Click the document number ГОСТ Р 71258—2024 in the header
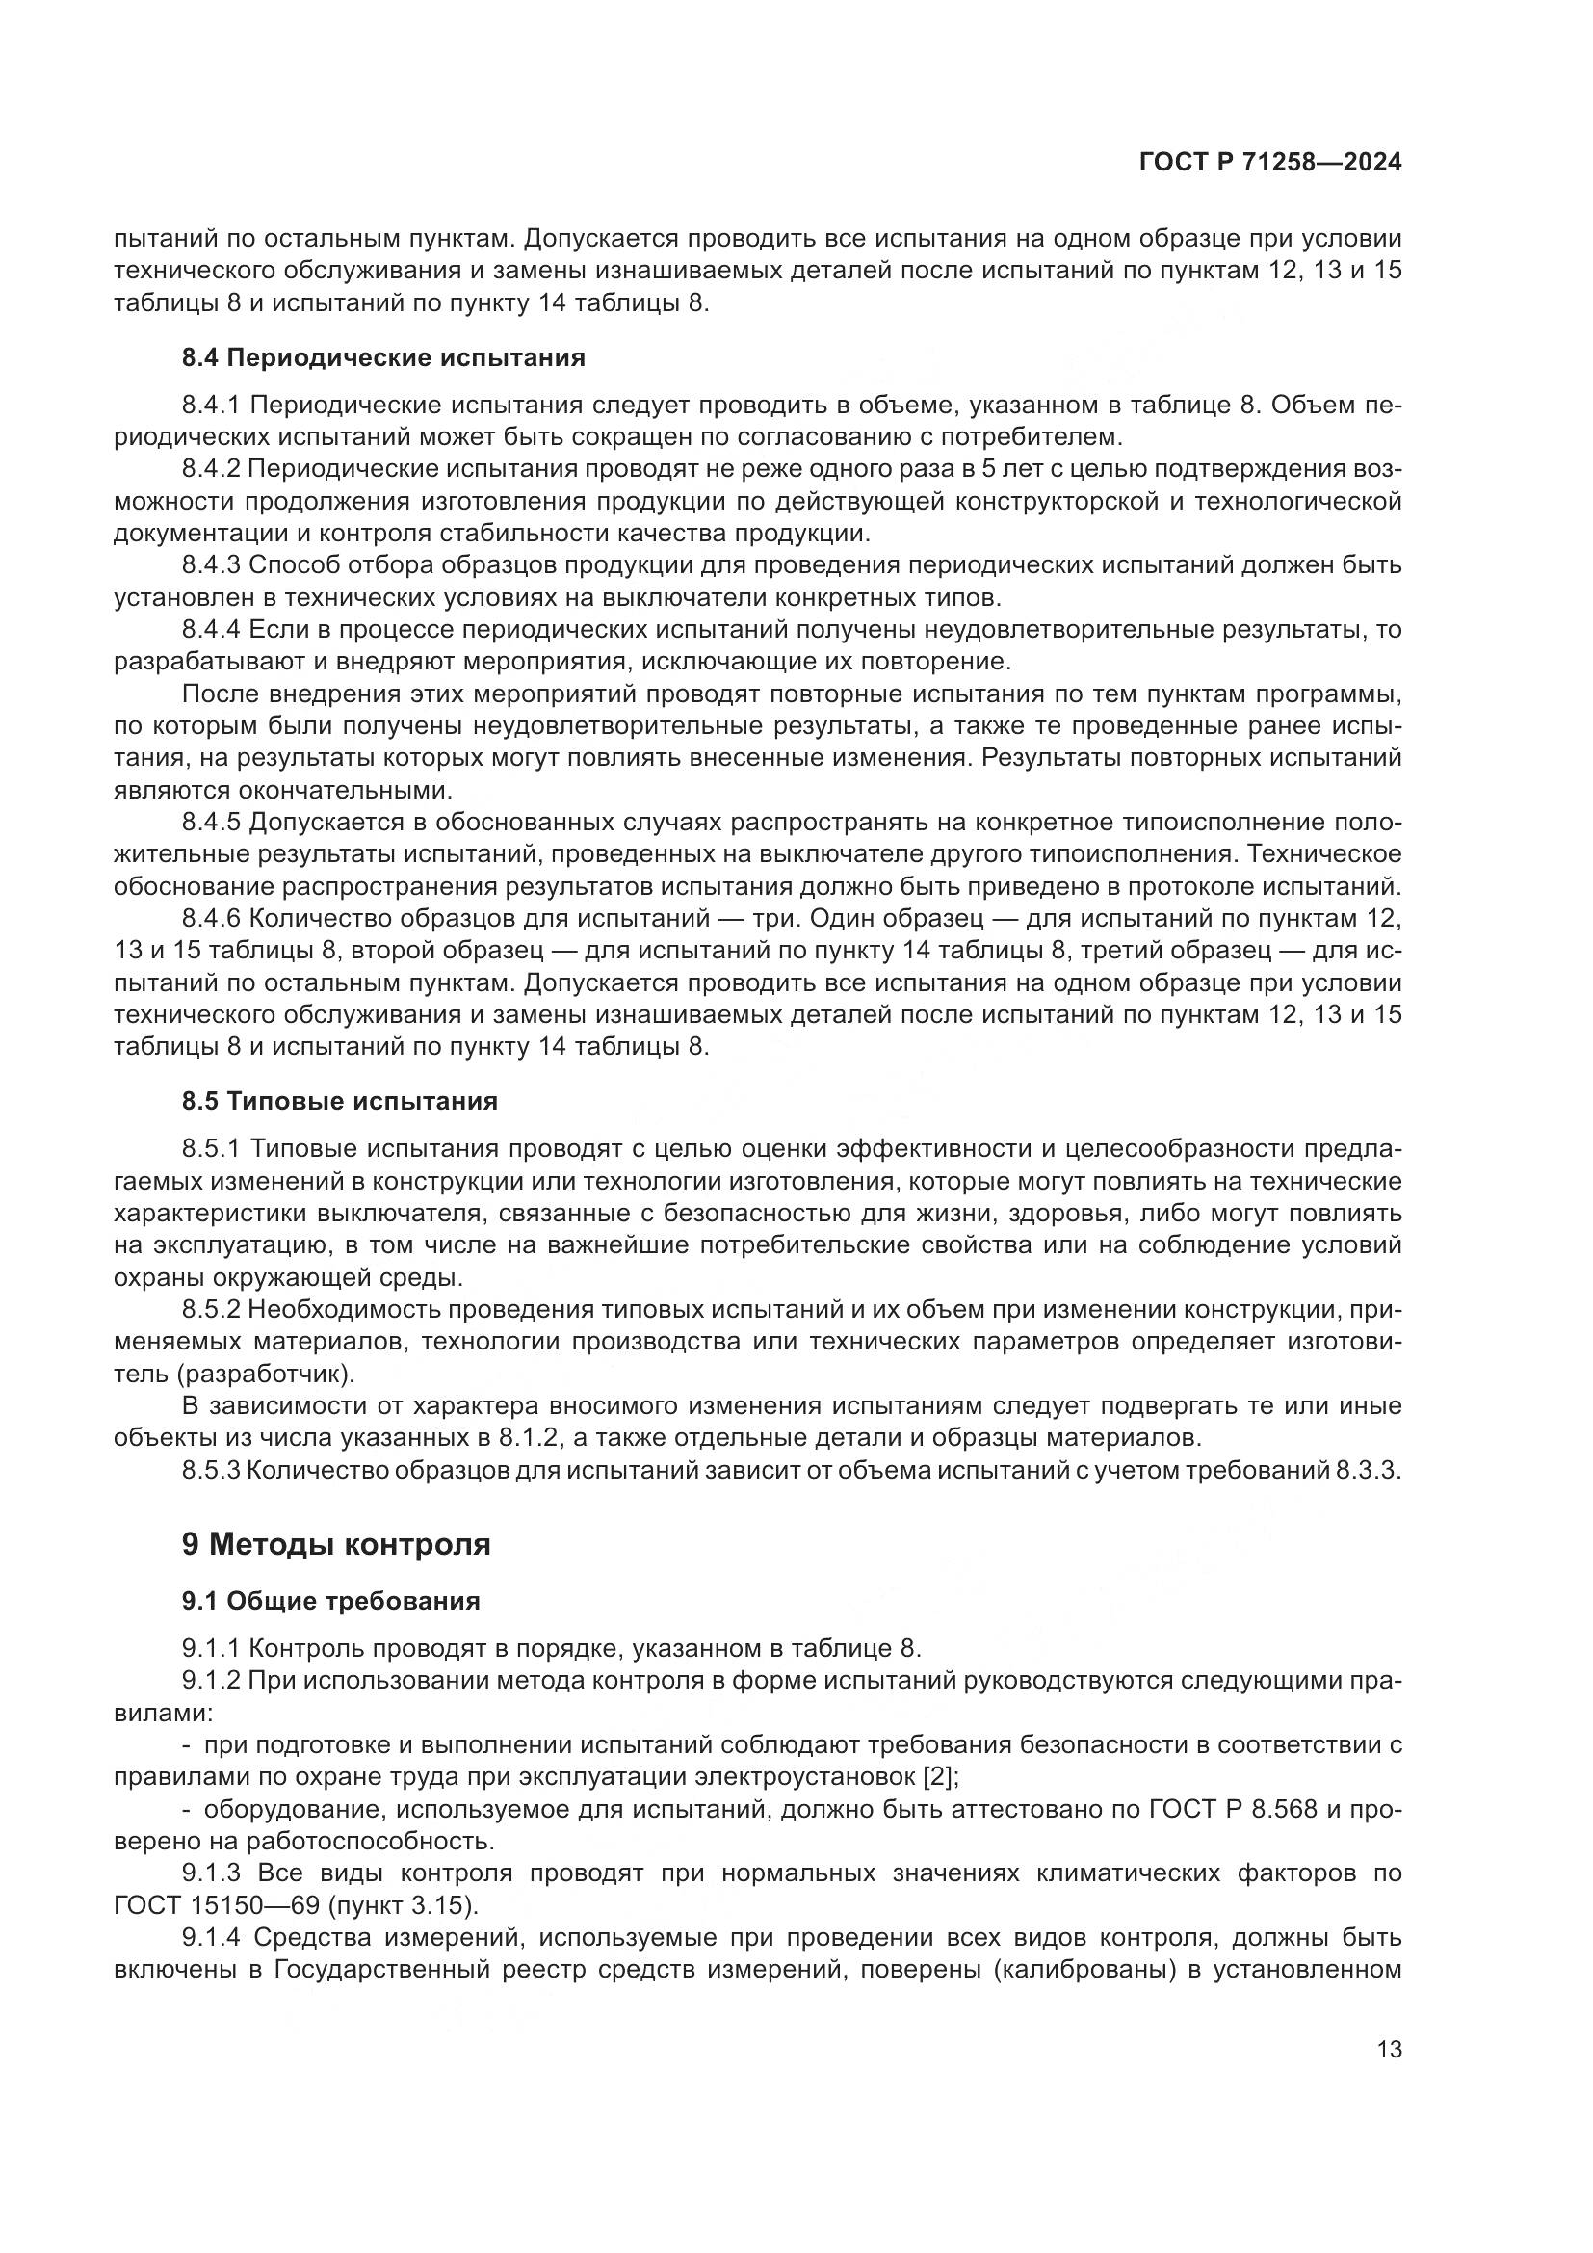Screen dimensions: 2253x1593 click(1270, 163)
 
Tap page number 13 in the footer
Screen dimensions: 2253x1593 click(1389, 2049)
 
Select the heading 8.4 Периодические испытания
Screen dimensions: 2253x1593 click(383, 357)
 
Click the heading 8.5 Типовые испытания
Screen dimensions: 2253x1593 click(339, 1101)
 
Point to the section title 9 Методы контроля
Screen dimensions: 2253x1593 click(335, 1543)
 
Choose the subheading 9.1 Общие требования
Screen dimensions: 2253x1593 click(330, 1601)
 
